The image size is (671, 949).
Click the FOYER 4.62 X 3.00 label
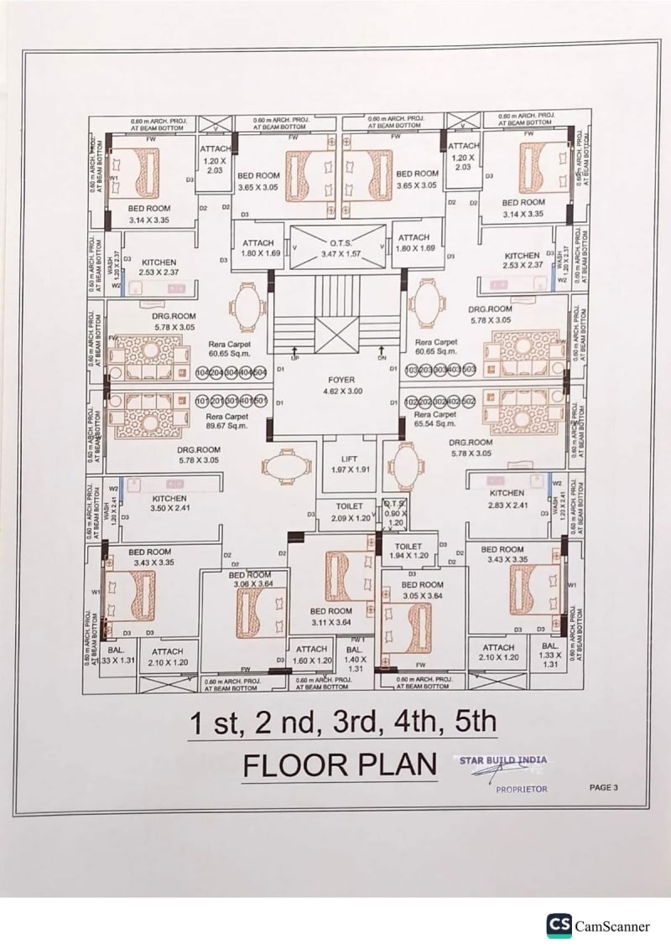tap(341, 386)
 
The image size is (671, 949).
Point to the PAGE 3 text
tap(604, 787)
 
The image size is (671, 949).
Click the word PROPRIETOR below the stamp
tap(522, 789)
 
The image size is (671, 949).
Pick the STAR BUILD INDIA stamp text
tap(503, 760)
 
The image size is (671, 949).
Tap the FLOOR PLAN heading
tap(340, 765)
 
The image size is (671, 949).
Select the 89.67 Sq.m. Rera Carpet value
tap(226, 426)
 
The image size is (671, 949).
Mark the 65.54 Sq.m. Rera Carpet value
tap(435, 425)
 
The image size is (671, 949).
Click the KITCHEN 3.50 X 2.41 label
tap(169, 503)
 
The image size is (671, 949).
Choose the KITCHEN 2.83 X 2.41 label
tap(507, 499)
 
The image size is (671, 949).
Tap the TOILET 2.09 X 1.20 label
tap(349, 512)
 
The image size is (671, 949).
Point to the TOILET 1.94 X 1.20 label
tap(408, 551)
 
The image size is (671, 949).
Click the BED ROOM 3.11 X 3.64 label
tap(330, 617)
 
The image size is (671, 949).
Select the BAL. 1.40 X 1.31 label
tap(355, 659)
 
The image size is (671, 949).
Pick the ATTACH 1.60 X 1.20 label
tap(312, 654)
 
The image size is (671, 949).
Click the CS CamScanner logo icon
tap(559, 925)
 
